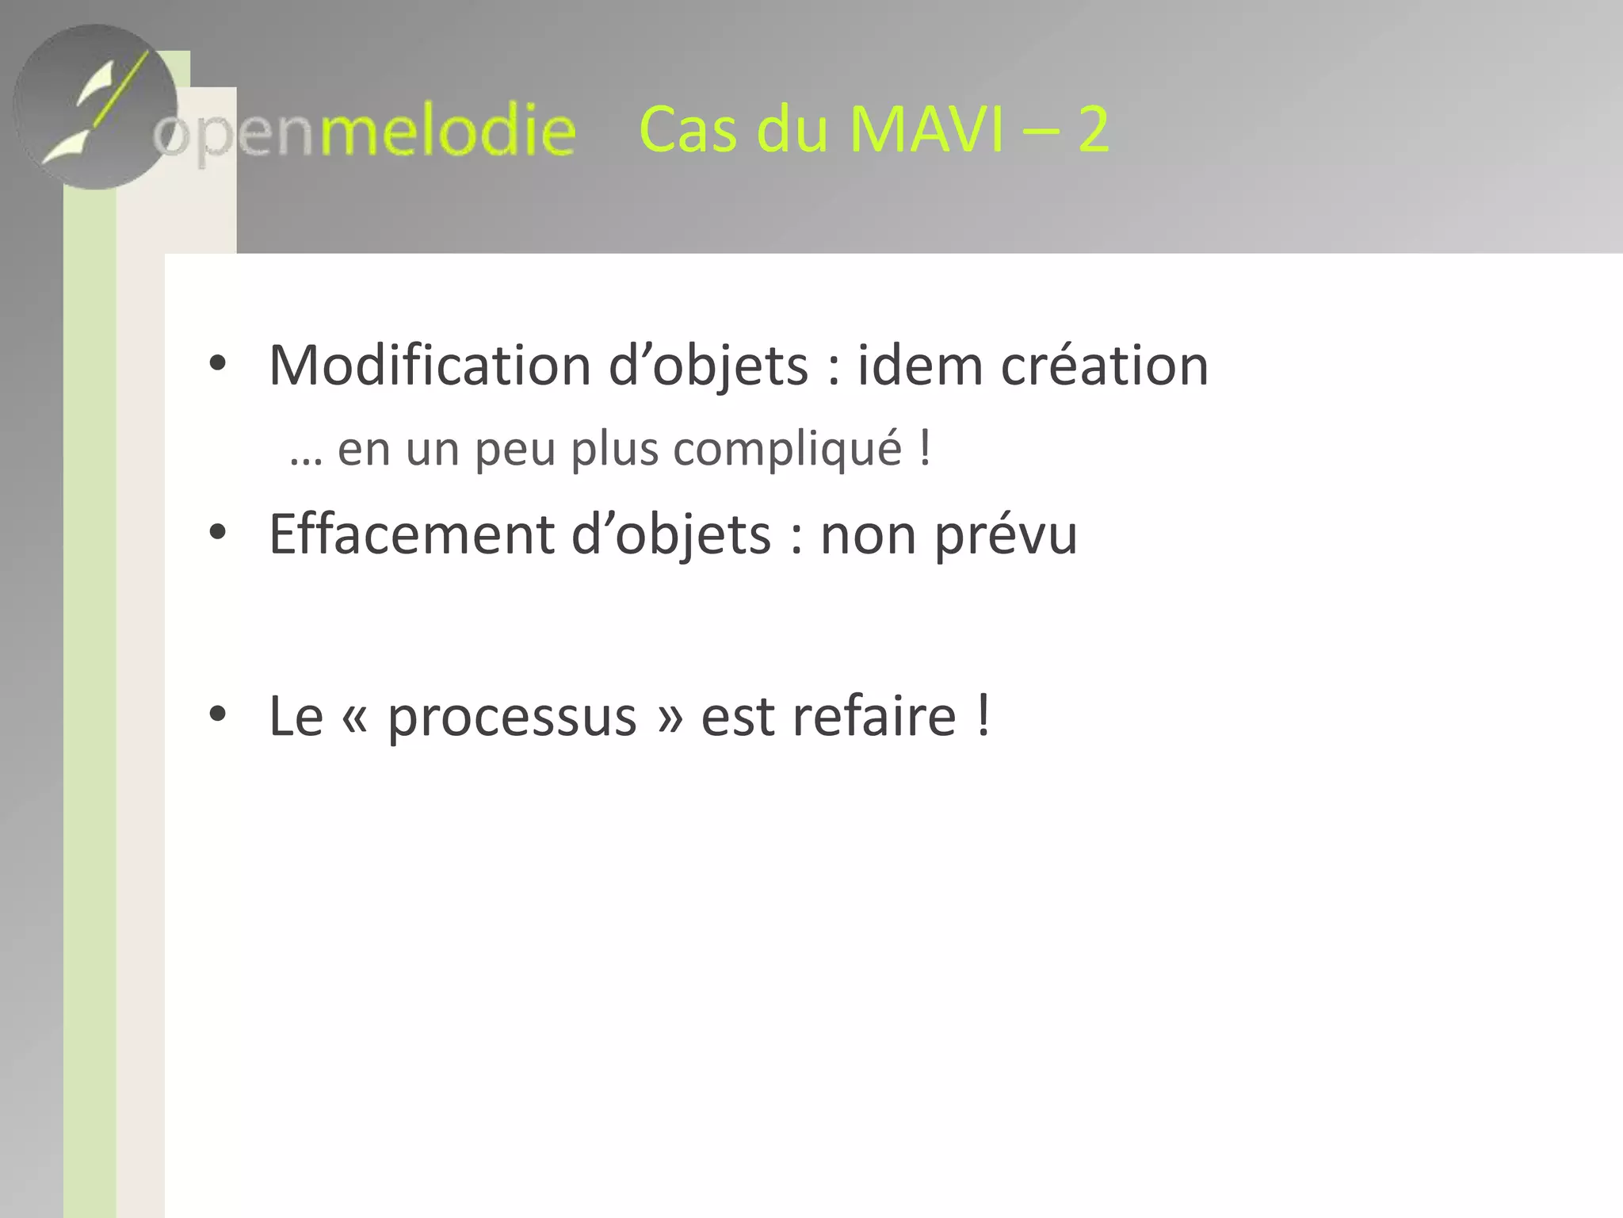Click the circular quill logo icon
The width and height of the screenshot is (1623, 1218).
click(95, 107)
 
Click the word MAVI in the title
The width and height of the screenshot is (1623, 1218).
click(926, 129)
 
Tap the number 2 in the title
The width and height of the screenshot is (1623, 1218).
click(1093, 129)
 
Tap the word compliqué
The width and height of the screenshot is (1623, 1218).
click(788, 450)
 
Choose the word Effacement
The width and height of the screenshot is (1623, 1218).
click(411, 534)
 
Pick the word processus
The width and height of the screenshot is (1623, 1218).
click(512, 717)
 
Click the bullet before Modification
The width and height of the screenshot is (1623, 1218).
click(218, 364)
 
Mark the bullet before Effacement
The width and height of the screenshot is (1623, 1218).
click(218, 533)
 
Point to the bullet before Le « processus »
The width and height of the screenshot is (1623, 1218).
click(218, 714)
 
